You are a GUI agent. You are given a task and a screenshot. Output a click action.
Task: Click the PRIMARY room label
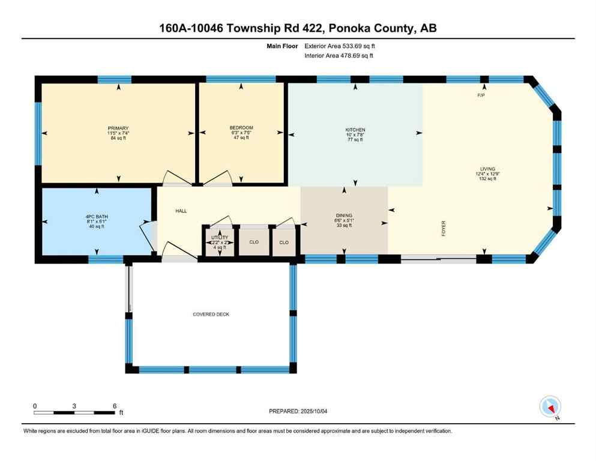click(118, 128)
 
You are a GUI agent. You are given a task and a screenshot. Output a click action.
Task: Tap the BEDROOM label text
click(241, 128)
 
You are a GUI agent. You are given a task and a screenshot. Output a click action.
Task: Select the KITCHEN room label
click(355, 130)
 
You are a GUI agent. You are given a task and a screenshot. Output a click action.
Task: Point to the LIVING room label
click(487, 169)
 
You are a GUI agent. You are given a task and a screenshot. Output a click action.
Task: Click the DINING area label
click(344, 215)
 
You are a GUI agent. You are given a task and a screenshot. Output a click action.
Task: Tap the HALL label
click(181, 211)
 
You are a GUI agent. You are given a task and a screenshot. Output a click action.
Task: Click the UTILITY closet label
click(219, 238)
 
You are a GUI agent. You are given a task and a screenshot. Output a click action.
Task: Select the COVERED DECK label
click(211, 315)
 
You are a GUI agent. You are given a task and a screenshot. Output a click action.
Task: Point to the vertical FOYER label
click(444, 229)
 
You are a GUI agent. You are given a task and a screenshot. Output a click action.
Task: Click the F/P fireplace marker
click(481, 96)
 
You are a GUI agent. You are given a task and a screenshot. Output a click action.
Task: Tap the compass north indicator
click(550, 408)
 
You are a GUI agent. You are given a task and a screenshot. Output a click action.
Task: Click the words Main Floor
click(282, 46)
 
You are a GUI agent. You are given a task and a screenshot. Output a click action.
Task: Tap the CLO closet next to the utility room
click(253, 243)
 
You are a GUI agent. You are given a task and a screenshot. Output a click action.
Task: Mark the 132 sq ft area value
click(487, 179)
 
